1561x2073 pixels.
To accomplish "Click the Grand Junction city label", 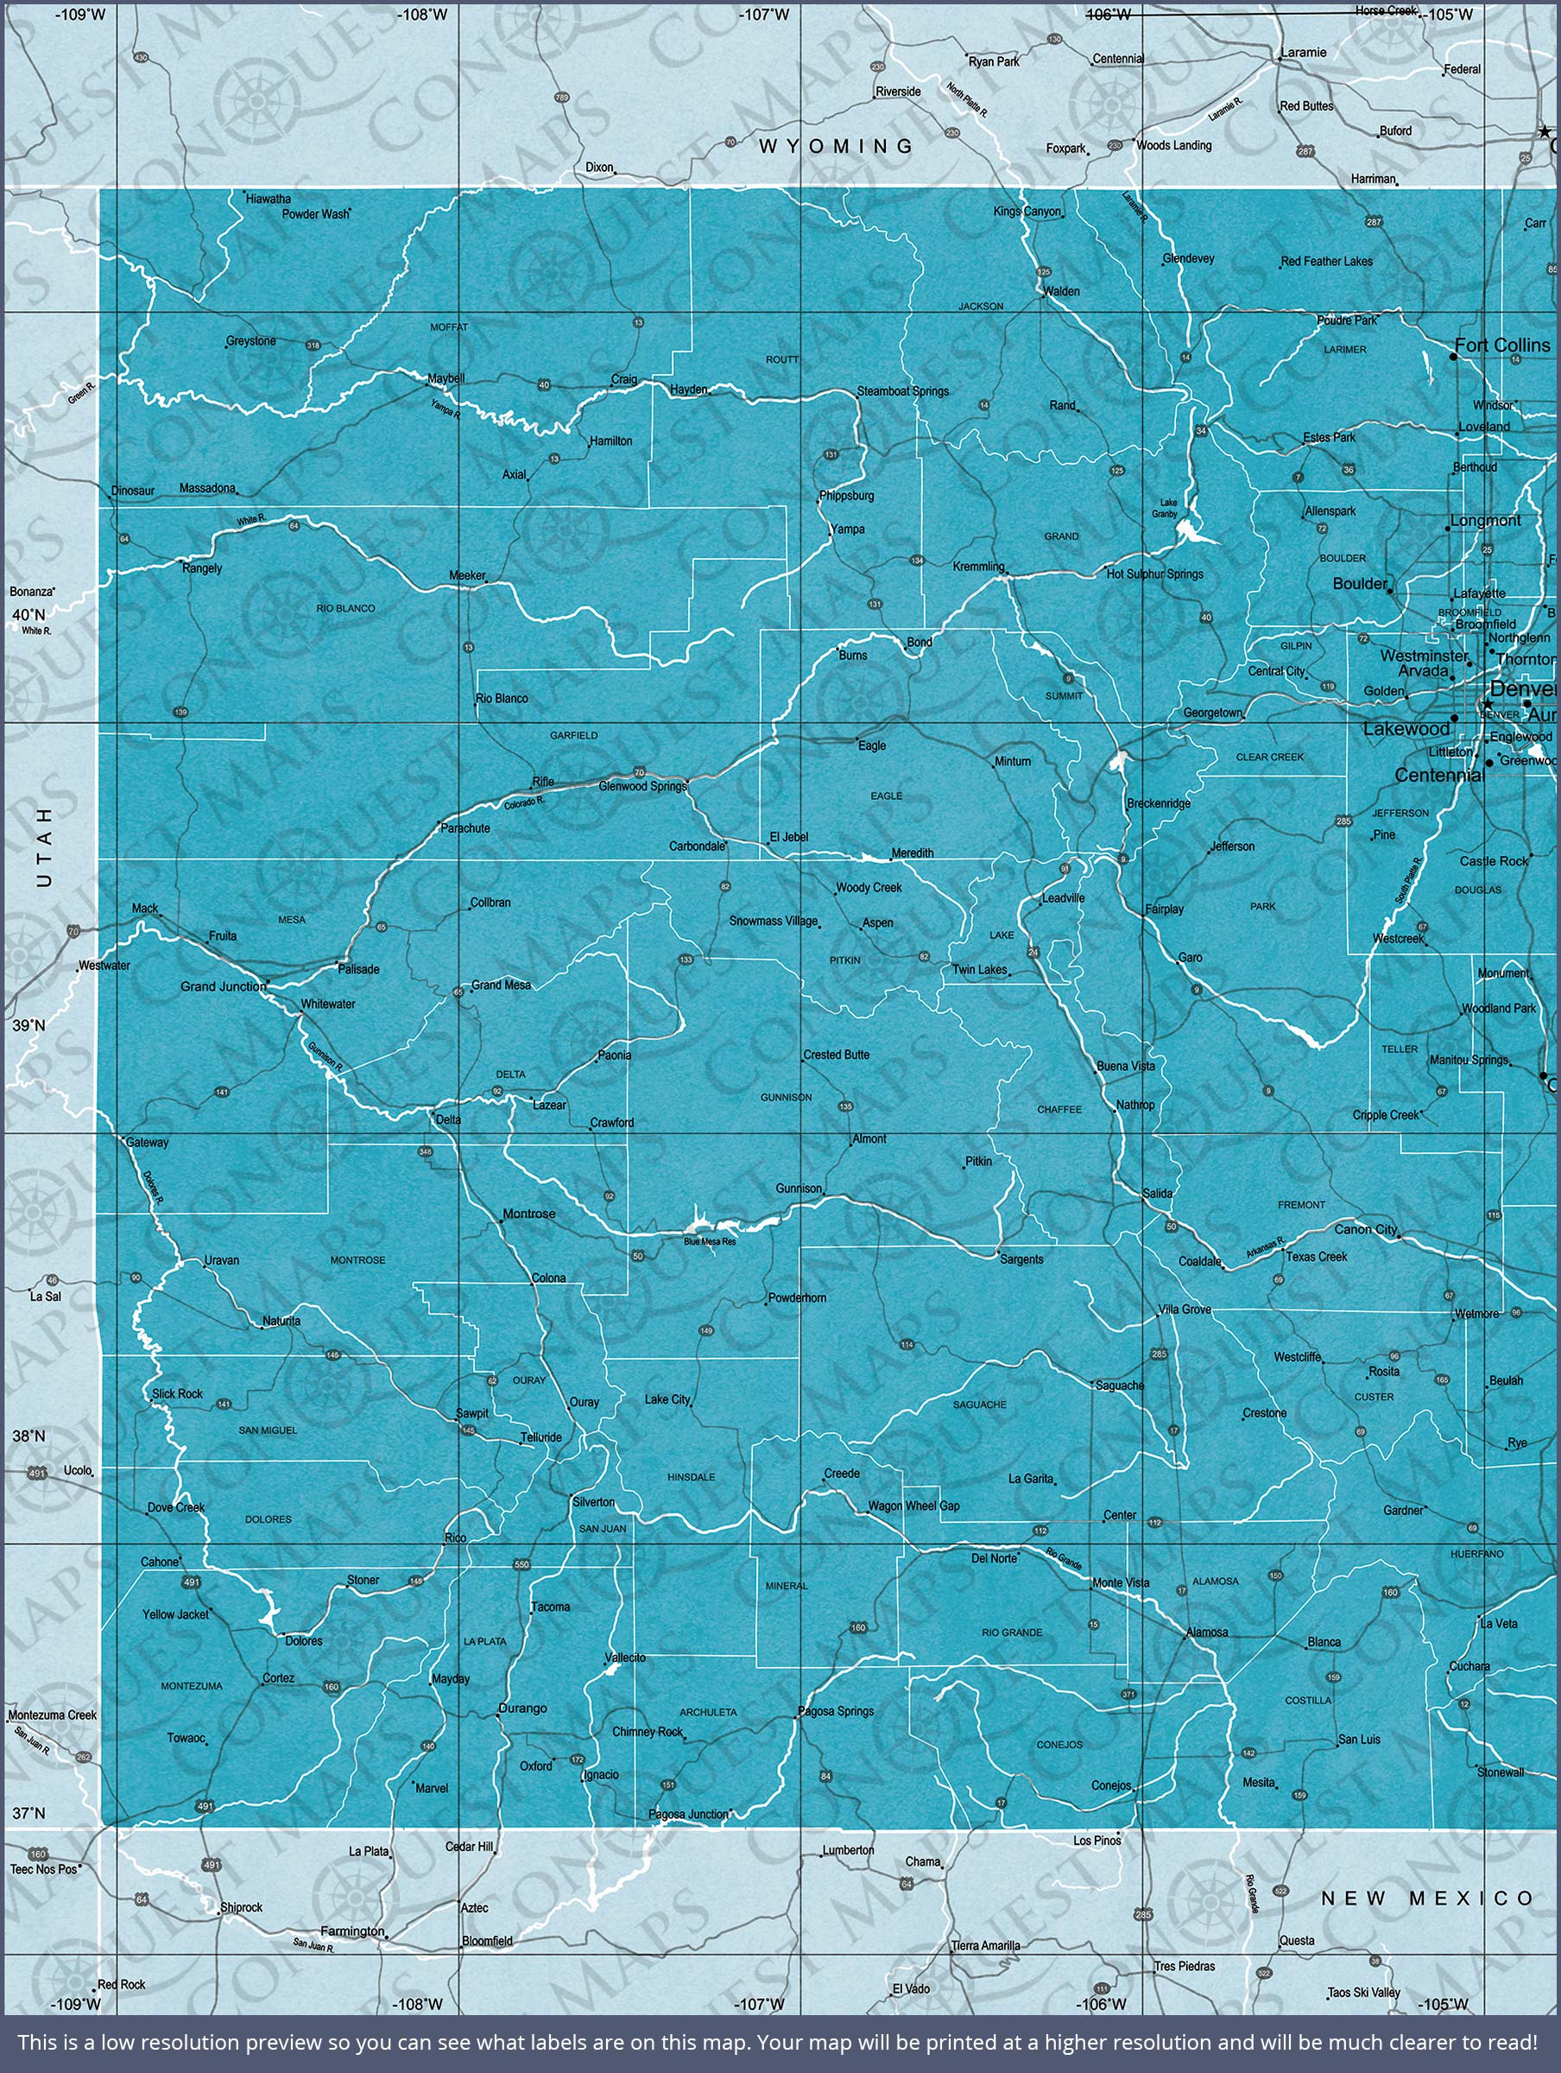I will click(x=222, y=986).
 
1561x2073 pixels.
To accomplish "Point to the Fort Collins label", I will click(x=1502, y=345).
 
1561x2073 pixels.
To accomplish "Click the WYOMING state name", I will click(x=836, y=146).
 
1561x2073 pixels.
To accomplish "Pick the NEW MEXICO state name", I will click(x=1426, y=1899).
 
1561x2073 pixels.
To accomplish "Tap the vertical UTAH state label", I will click(x=44, y=846).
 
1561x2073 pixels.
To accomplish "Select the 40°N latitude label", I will click(x=28, y=614).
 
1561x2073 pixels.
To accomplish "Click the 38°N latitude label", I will click(x=28, y=1436).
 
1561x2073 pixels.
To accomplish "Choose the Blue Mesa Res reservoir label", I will click(x=710, y=1242).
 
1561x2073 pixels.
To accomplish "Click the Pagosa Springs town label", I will click(x=835, y=1711).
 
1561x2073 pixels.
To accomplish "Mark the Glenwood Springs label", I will click(x=641, y=786).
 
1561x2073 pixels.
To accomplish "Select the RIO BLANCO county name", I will click(x=344, y=608).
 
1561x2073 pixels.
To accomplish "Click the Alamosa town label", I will click(x=1207, y=1632).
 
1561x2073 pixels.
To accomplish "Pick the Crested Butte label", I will click(x=836, y=1055).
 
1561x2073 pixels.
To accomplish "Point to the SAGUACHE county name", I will click(x=979, y=1404).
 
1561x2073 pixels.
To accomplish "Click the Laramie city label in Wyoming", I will click(x=1304, y=53).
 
